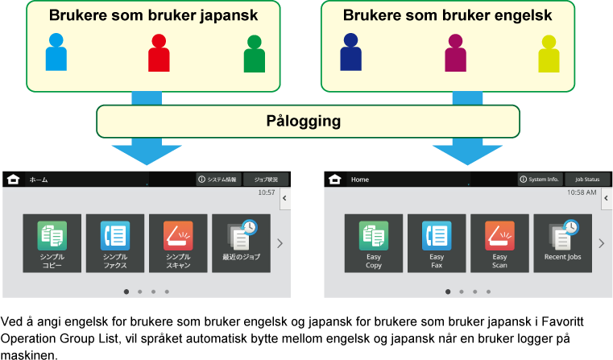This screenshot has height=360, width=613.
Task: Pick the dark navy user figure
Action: pyautogui.click(x=350, y=52)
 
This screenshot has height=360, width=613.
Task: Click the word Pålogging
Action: pyautogui.click(x=304, y=122)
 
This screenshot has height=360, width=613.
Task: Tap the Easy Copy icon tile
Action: pyautogui.click(x=374, y=243)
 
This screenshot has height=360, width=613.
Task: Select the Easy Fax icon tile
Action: pyautogui.click(x=437, y=243)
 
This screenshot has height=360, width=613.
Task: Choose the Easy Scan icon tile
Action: pyautogui.click(x=499, y=243)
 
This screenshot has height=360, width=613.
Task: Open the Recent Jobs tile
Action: pyautogui.click(x=562, y=243)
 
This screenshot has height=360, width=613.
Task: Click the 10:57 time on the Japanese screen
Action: pyautogui.click(x=266, y=193)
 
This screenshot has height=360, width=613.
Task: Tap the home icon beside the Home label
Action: pyautogui.click(x=335, y=179)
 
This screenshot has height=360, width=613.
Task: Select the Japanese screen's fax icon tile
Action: pyautogui.click(x=115, y=243)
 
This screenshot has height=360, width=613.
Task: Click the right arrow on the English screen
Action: pyautogui.click(x=600, y=243)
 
